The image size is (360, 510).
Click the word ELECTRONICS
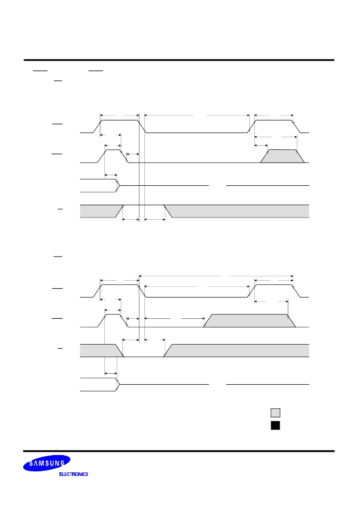(x=74, y=474)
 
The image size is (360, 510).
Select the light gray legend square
(x=275, y=413)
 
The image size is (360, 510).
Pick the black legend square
(x=275, y=426)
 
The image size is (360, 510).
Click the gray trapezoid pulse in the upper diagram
(x=282, y=156)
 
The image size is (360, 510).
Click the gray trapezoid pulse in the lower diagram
(x=249, y=321)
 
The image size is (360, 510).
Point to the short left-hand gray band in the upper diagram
(x=101, y=211)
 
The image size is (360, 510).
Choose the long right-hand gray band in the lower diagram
(x=237, y=350)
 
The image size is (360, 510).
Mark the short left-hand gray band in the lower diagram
(x=101, y=350)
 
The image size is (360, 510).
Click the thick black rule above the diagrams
(x=179, y=60)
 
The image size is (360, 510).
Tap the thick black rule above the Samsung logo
(x=179, y=451)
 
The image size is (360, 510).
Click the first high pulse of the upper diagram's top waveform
(x=120, y=126)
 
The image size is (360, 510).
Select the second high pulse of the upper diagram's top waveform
(x=274, y=126)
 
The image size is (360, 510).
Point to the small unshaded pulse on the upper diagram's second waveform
(x=113, y=156)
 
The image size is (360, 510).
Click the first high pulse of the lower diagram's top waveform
(x=120, y=291)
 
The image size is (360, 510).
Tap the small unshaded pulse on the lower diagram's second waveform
(x=113, y=321)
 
